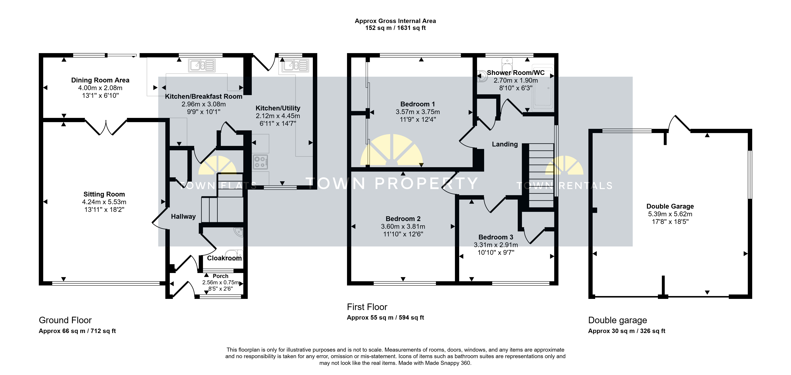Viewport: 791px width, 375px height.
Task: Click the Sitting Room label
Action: pos(104,194)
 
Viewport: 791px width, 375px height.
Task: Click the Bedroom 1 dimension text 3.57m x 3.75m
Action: pos(418,112)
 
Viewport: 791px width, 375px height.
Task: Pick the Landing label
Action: pos(505,144)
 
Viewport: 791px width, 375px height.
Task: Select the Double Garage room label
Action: pos(670,206)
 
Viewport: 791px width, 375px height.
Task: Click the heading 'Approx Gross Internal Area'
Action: pos(395,21)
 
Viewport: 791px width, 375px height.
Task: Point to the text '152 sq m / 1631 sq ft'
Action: pos(395,28)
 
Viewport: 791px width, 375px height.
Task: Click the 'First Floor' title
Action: pos(367,307)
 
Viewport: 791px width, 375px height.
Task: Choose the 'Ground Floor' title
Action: pos(65,320)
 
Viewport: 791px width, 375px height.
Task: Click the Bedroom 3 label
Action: pos(496,237)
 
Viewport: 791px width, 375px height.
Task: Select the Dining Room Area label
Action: pos(100,80)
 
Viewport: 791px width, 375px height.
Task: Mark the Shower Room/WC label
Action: pos(516,73)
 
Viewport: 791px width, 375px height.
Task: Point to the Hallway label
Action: pos(183,216)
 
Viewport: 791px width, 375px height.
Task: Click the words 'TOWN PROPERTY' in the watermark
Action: pos(392,183)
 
